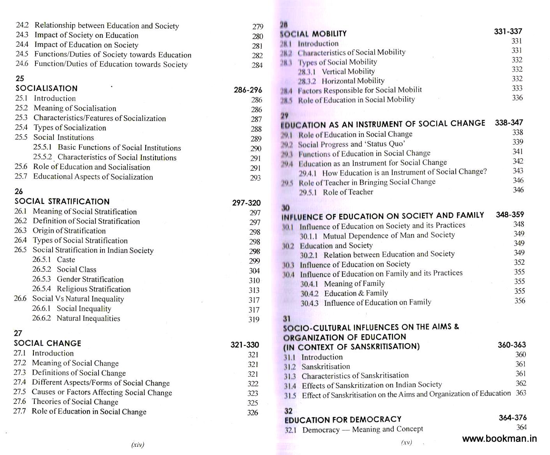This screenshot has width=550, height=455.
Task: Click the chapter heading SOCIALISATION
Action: tap(46, 89)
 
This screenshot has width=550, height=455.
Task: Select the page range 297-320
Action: tap(246, 203)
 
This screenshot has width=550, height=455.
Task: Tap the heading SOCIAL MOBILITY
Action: tap(313, 34)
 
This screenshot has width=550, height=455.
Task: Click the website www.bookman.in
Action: tap(499, 439)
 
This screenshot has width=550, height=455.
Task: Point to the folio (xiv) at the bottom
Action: tap(137, 444)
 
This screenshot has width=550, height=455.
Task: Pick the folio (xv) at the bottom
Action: tap(406, 443)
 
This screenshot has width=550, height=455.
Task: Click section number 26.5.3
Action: tap(41, 279)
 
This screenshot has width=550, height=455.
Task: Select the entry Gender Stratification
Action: tap(90, 279)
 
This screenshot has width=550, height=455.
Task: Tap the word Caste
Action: tap(66, 260)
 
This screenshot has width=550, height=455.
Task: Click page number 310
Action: tap(254, 280)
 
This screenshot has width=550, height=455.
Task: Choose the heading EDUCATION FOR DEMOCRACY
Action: tap(343, 420)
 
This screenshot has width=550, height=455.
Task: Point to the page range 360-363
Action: tap(511, 345)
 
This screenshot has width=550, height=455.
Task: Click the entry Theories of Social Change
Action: tap(75, 402)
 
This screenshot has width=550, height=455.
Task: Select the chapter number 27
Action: tap(18, 333)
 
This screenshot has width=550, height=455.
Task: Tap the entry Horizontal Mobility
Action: tap(353, 81)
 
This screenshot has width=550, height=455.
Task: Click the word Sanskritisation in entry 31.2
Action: tap(326, 366)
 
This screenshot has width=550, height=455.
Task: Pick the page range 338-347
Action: tap(509, 122)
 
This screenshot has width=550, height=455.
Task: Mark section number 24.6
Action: tap(22, 64)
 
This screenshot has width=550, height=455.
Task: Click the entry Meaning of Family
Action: tap(354, 283)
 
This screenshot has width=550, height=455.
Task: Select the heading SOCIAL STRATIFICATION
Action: tap(62, 202)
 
